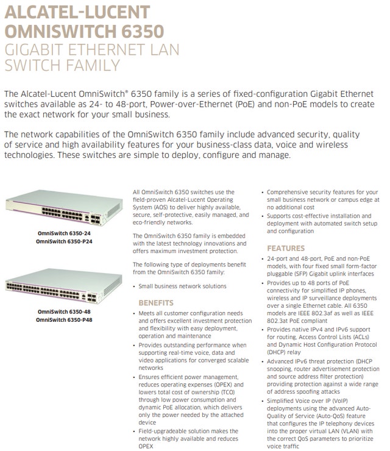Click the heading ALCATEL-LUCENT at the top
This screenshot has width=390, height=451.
77,12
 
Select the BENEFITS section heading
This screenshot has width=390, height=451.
156,303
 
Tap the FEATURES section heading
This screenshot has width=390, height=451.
286,248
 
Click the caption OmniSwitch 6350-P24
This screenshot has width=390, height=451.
64,242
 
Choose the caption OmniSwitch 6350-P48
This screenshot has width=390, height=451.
64,319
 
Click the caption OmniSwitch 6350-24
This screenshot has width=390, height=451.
64,233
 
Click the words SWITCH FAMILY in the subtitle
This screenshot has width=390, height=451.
62,66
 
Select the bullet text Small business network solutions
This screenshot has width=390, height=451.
182,286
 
